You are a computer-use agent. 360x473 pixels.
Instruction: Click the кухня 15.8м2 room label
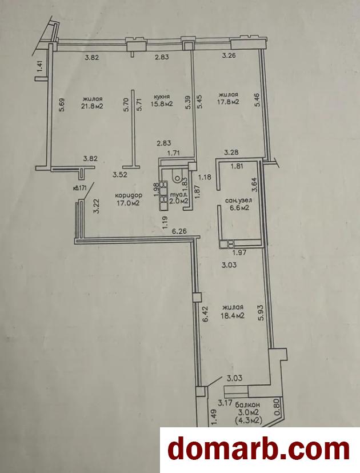pyautogui.click(x=162, y=101)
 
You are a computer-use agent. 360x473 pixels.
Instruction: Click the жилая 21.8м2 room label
pyautogui.click(x=93, y=103)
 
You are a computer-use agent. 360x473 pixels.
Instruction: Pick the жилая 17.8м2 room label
pyautogui.click(x=229, y=98)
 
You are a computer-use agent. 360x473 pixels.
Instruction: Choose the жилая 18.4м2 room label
pyautogui.click(x=233, y=311)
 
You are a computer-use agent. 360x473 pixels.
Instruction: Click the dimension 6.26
pyautogui.click(x=179, y=232)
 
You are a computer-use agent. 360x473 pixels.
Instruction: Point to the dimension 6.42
pyautogui.click(x=206, y=315)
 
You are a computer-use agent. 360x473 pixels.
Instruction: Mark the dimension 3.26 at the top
pyautogui.click(x=229, y=55)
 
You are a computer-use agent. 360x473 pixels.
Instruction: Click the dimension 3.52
pyautogui.click(x=119, y=174)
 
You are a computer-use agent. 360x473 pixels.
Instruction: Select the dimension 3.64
pyautogui.click(x=255, y=185)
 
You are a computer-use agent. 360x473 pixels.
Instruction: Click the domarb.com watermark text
pyautogui.click(x=259, y=450)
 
